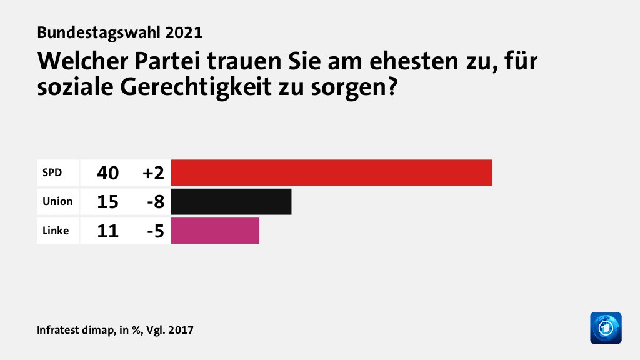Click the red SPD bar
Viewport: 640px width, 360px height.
[x=331, y=172]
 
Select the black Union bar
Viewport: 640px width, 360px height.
[x=231, y=201]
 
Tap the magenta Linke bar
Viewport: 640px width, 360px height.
[x=215, y=230]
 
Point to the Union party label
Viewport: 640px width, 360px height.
[x=57, y=201]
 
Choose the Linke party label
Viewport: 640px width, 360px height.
[x=56, y=230]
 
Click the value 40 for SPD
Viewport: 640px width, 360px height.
[x=108, y=173]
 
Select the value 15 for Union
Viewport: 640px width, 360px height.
[x=108, y=202]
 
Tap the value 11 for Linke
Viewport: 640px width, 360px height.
[x=108, y=231]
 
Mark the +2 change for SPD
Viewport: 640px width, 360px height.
[x=152, y=173]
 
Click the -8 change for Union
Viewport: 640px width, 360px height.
[x=155, y=202]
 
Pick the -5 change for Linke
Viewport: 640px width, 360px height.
[x=155, y=231]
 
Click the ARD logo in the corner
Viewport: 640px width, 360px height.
[x=606, y=327]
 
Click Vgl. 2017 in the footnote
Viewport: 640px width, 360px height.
[x=169, y=329]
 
